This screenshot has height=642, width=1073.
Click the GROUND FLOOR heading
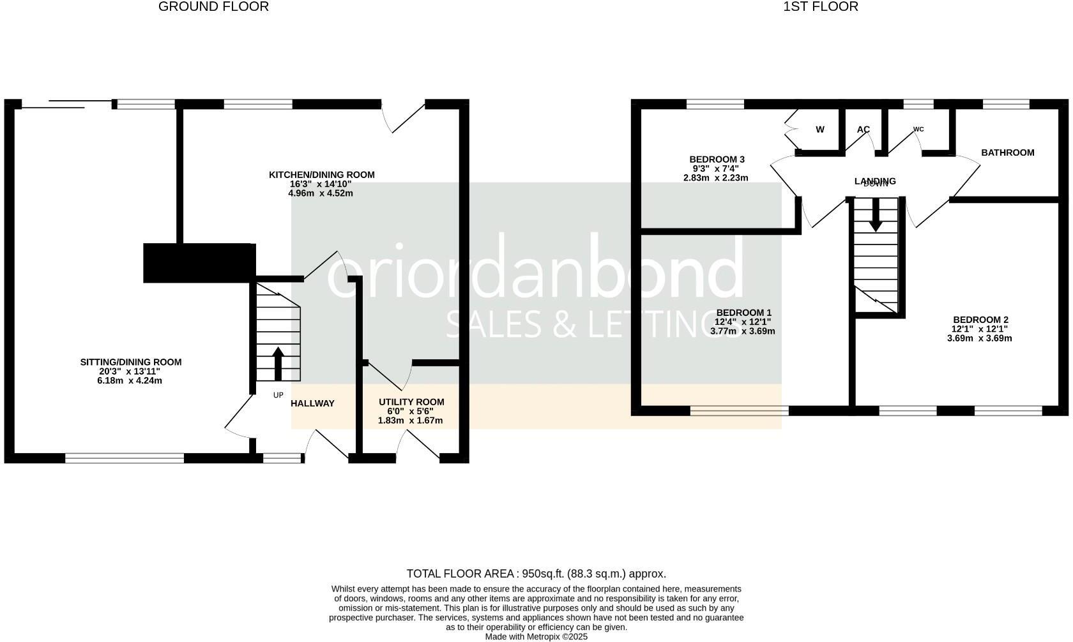(213, 7)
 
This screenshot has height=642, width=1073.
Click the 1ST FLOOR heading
(821, 7)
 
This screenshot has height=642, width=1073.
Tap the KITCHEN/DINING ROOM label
(321, 175)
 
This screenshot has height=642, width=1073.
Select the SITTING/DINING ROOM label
(131, 362)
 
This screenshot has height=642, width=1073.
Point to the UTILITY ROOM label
(411, 402)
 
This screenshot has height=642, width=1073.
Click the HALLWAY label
(312, 403)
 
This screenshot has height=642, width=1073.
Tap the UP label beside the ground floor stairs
(278, 395)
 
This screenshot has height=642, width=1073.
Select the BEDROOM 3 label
(717, 160)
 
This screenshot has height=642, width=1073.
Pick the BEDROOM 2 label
(980, 320)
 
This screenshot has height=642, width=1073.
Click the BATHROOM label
(1007, 153)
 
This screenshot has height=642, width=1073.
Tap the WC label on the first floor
(918, 130)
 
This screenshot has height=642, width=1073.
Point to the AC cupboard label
(863, 130)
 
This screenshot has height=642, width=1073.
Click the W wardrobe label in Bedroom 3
(820, 130)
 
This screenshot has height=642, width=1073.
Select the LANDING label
(875, 181)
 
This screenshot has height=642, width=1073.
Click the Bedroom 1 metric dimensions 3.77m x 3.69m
(743, 331)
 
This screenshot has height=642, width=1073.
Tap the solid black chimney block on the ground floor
(199, 262)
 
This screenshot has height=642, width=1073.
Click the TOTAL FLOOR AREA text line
(536, 574)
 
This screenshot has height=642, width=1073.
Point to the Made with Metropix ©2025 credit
(536, 637)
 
